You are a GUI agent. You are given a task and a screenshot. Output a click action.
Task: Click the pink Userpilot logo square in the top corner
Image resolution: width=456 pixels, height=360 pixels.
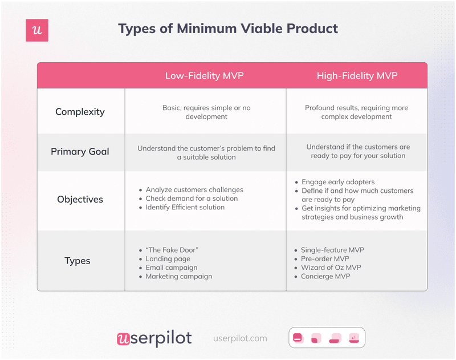[x=37, y=30]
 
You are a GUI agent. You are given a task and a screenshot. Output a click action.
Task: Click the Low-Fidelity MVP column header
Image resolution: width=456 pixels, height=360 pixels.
[x=205, y=76]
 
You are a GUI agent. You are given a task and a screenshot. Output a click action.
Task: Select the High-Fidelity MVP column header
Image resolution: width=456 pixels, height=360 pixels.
[x=357, y=76]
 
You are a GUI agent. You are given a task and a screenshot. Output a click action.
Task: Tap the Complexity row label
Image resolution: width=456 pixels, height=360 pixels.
[x=80, y=112]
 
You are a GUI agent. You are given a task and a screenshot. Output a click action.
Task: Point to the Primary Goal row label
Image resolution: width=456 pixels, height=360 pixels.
[x=80, y=152]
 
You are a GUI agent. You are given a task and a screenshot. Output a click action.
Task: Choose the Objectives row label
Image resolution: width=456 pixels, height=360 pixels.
[x=80, y=200]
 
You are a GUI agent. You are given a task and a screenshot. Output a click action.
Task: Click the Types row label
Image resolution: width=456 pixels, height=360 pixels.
[x=78, y=261]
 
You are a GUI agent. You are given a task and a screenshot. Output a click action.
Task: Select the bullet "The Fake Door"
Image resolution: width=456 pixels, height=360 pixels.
[x=172, y=250]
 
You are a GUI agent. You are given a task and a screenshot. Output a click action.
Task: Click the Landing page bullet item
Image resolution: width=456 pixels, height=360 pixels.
[x=168, y=259]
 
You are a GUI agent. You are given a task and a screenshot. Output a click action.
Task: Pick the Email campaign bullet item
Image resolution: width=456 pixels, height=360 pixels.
[x=172, y=268]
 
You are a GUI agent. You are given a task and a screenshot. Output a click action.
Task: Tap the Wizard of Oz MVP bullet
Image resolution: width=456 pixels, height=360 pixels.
[x=331, y=268]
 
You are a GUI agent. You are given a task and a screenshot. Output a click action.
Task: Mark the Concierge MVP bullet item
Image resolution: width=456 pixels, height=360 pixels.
[x=325, y=276]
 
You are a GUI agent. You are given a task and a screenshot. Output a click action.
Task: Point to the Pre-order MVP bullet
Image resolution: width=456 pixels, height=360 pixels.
[x=325, y=259]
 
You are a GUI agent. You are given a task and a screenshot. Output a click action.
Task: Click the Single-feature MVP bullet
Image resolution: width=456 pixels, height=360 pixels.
[x=333, y=250]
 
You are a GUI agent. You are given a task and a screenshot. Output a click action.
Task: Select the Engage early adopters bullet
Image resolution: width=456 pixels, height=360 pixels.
[x=338, y=182]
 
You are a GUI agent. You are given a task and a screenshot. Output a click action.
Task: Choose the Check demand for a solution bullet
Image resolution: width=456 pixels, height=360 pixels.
[x=192, y=199]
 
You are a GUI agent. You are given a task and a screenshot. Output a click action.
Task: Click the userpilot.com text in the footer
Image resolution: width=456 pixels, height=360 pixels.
[x=240, y=338]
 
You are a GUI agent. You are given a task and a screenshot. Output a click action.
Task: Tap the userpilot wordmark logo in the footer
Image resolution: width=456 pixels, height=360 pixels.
[x=154, y=338]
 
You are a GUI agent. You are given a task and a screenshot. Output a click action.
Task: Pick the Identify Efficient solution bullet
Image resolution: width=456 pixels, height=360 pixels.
[x=185, y=207]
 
